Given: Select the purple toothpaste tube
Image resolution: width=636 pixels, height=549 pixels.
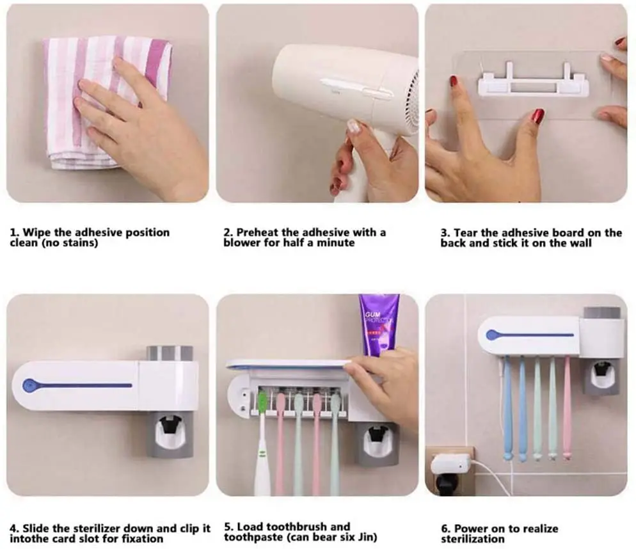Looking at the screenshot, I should (378, 323).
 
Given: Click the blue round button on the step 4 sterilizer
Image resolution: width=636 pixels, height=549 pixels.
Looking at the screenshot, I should (28, 386).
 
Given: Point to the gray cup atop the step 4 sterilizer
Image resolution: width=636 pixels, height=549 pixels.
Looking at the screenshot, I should (170, 353).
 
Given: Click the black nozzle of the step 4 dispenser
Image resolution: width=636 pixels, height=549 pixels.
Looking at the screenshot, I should (169, 424).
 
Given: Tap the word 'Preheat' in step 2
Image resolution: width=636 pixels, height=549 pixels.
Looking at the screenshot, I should (258, 232).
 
